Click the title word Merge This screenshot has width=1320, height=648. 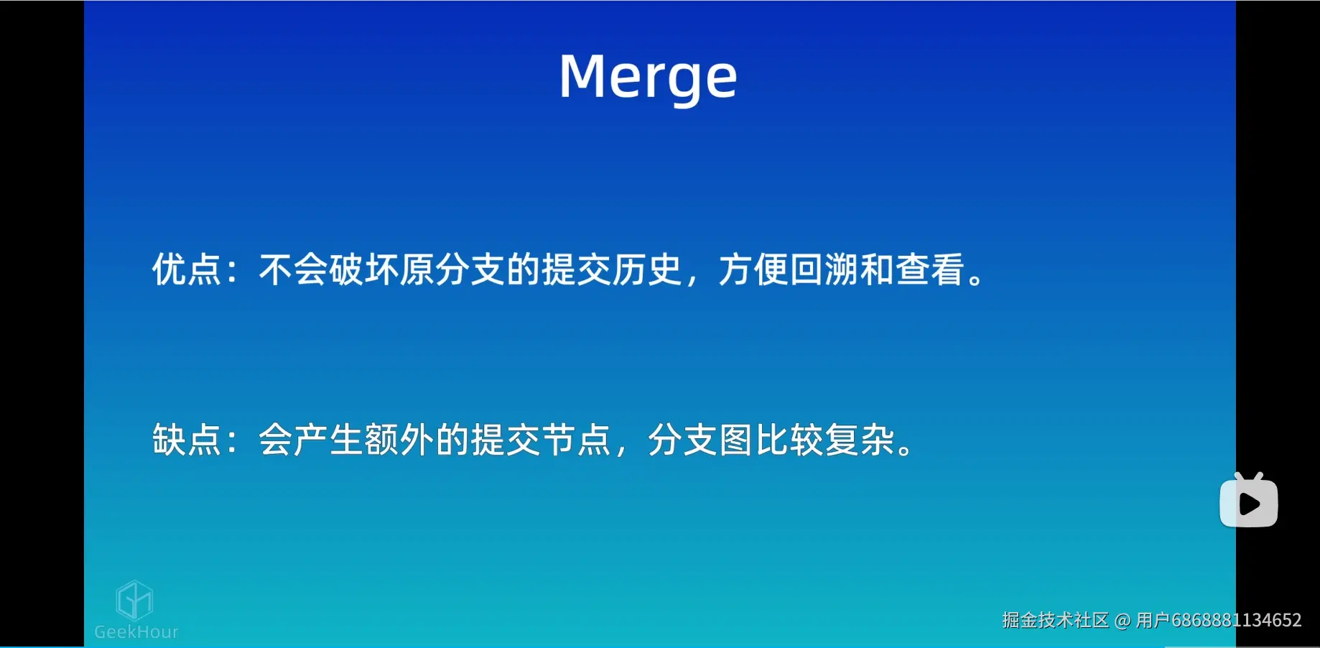pos(648,78)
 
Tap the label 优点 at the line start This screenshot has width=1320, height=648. pos(186,270)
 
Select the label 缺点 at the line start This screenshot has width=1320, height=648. pos(186,440)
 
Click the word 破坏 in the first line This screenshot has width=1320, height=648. pos(364,270)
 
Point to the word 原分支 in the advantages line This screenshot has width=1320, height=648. pos(452,270)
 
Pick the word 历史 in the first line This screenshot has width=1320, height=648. pos(646,270)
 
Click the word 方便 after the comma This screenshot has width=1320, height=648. pos(753,270)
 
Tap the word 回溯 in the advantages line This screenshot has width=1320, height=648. pos(824,270)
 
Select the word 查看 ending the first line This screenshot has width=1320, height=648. pos(930,270)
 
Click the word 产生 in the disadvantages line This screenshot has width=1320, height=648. pos(329,440)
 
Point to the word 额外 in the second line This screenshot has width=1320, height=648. pos(399,440)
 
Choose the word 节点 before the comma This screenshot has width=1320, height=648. pos(576,440)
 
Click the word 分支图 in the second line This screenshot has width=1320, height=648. pos(700,440)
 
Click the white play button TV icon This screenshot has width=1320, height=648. pos(1248,502)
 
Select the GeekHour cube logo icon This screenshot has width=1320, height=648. pos(134,600)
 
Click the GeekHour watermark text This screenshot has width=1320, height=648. pos(136,632)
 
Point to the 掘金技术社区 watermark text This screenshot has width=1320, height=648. pos(1055,620)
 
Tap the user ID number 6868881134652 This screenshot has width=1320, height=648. pos(1236,620)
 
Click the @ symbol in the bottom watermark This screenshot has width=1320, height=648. pos(1123,620)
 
